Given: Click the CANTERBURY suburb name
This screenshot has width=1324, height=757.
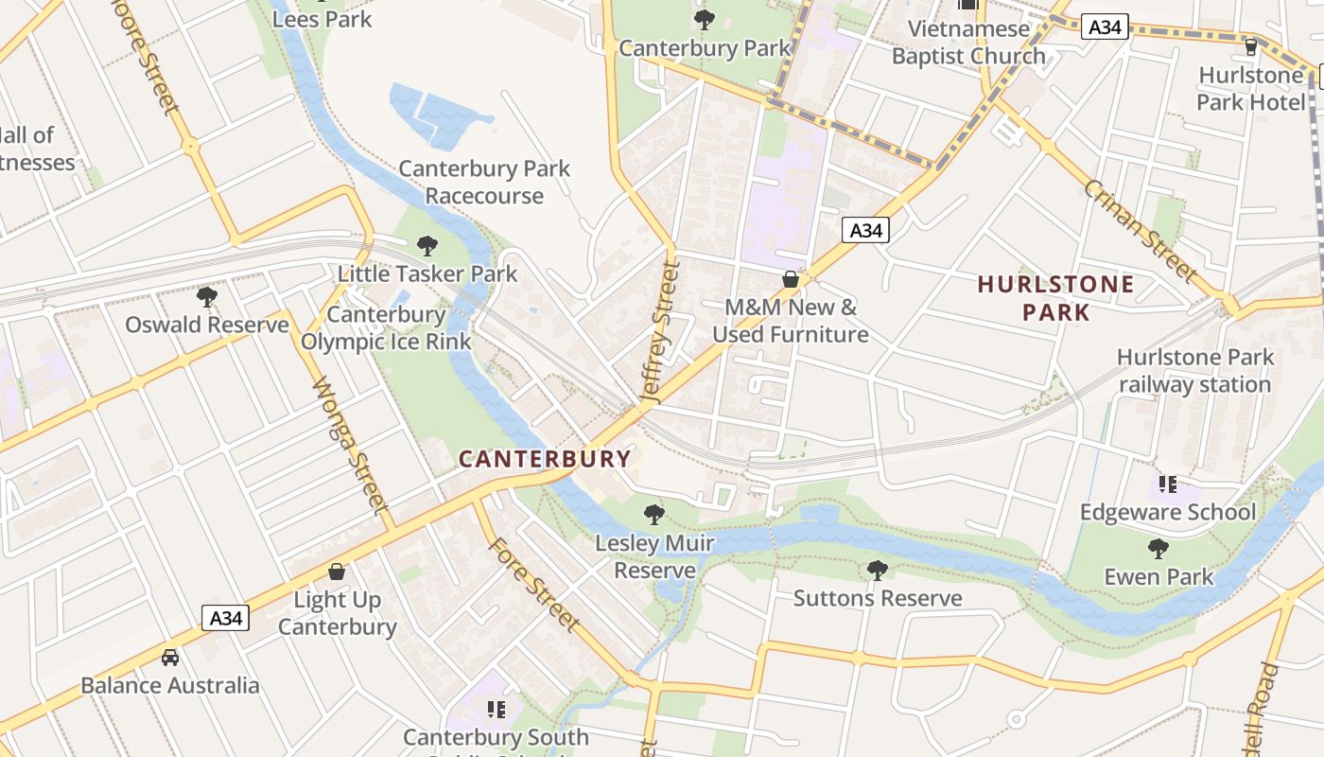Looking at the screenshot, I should [545, 460].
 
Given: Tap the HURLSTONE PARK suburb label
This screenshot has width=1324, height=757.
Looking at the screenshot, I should [1055, 298].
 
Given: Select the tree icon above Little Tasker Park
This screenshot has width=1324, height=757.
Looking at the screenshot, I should [427, 246].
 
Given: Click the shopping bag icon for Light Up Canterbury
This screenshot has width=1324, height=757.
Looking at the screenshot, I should [337, 572].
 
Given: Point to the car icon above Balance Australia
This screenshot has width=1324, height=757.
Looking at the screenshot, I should [170, 657].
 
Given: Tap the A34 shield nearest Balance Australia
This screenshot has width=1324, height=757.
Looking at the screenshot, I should [226, 619].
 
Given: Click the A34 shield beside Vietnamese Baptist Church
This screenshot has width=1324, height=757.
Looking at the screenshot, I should [1104, 27].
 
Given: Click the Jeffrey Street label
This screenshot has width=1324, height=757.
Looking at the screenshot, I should [660, 334].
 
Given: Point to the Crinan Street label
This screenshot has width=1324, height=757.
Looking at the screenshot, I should [1141, 229].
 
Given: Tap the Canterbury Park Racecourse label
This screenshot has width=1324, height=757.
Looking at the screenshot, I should [484, 182].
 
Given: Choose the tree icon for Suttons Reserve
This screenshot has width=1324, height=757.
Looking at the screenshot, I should [878, 570].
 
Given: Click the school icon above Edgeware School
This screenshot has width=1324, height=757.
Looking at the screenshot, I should [1168, 484].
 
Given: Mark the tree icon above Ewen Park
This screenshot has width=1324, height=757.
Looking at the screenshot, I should [1158, 548].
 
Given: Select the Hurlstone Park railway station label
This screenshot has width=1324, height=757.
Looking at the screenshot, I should [1195, 371].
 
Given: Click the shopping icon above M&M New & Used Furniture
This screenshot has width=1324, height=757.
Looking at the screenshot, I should [791, 279].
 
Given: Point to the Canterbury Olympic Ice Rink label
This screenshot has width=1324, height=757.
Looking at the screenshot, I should [386, 327].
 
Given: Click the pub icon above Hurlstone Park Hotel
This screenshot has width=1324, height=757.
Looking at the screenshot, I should [1251, 46].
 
